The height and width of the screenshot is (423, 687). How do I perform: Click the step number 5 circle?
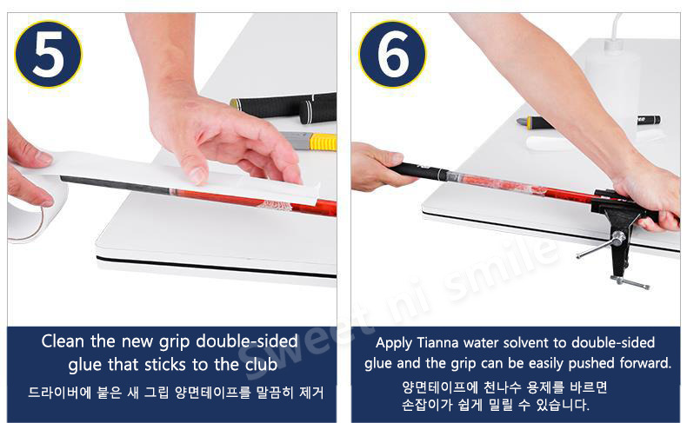(x=48, y=54)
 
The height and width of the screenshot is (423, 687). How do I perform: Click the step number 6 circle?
(x=392, y=54)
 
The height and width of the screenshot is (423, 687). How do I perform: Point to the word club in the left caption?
(x=261, y=365)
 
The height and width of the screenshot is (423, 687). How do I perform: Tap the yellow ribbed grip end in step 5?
(x=323, y=142)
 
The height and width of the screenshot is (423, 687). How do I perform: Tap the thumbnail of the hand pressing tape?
(x=197, y=175)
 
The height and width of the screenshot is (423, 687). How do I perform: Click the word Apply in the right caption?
(x=393, y=343)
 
